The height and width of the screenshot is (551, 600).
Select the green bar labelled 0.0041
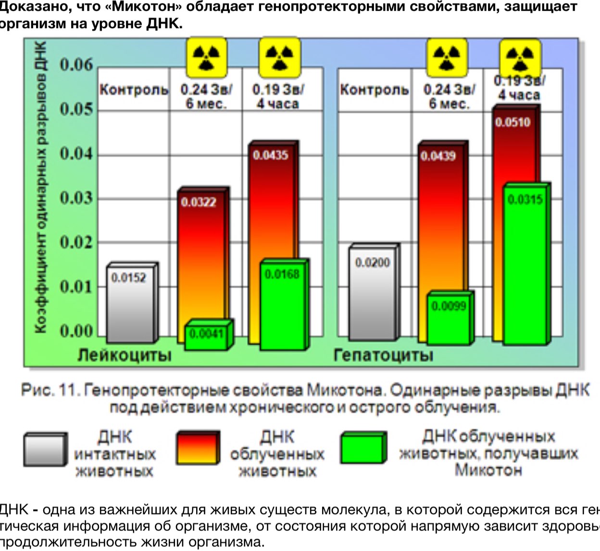207,334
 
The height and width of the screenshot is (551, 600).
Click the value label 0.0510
512,122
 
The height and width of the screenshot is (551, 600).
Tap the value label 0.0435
271,155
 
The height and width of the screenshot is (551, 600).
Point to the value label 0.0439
438,156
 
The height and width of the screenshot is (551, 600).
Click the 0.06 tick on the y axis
76,64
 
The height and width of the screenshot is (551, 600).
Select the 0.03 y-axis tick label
76,198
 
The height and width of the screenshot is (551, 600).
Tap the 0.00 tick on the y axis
76,331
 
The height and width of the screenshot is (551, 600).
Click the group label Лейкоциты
125,355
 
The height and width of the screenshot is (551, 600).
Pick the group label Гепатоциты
383,355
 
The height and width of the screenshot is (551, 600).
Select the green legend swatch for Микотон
363,448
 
